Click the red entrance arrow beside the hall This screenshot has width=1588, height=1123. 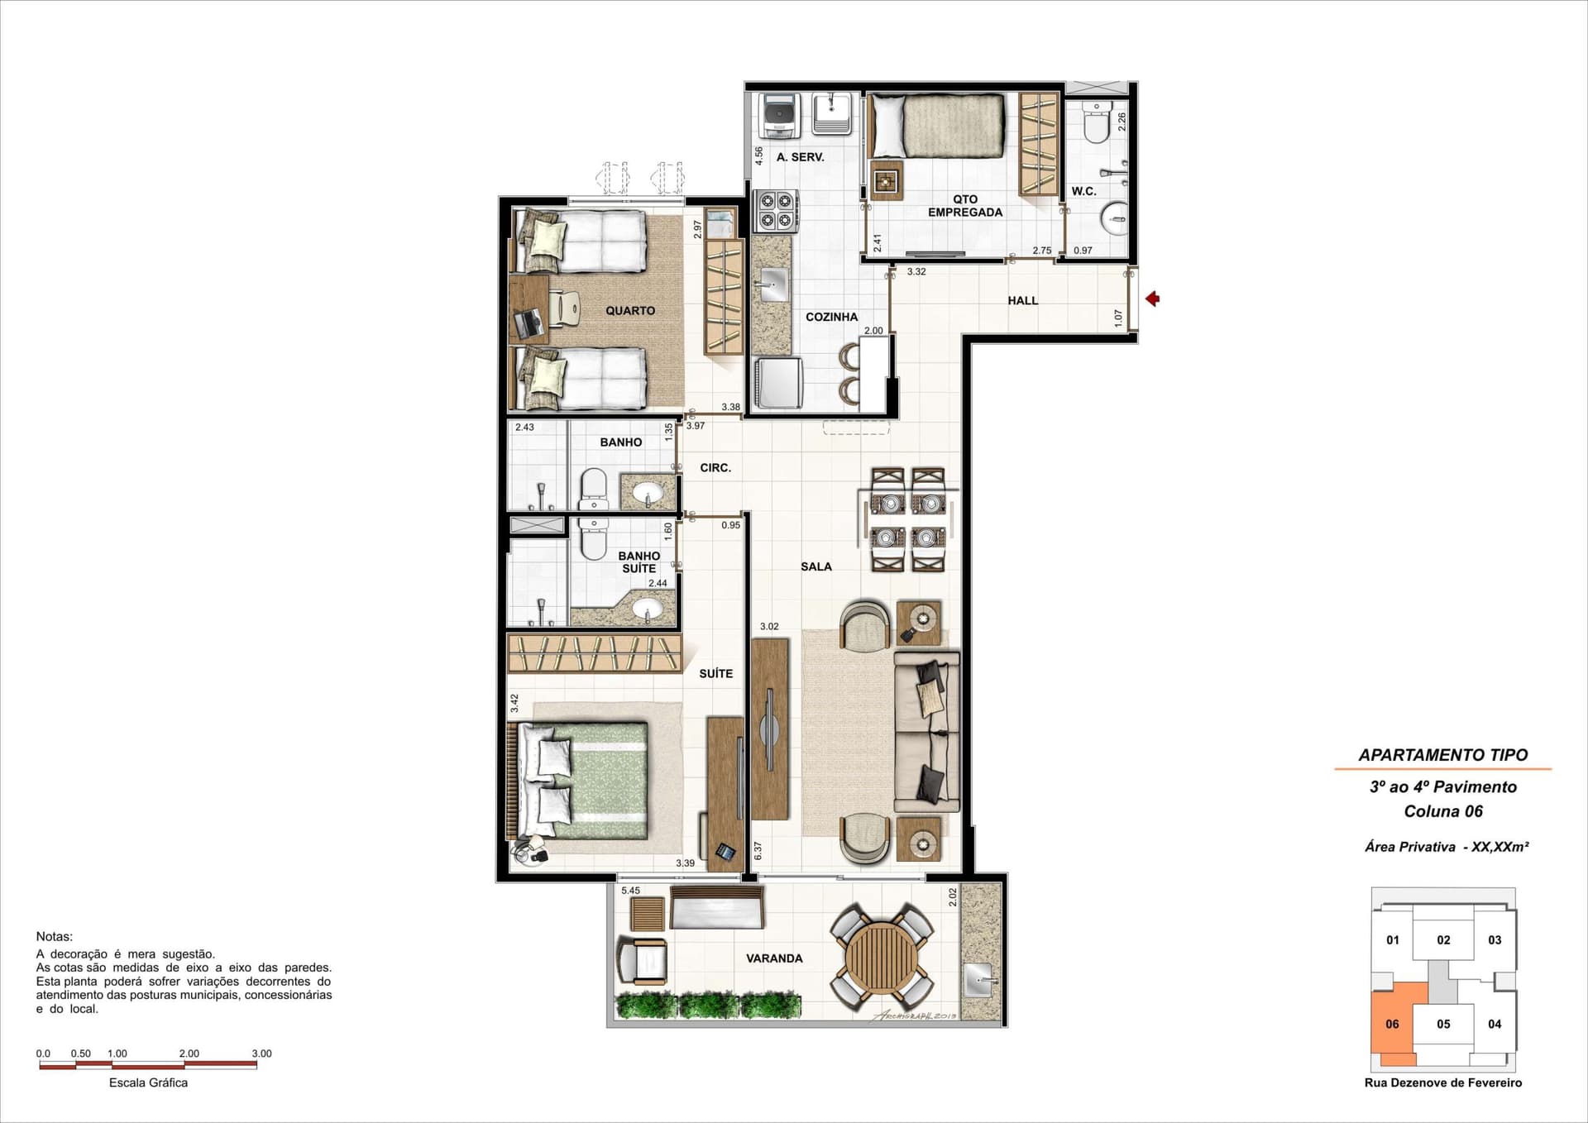(1151, 299)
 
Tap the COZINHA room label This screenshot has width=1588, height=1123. (831, 317)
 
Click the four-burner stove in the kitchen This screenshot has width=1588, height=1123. (776, 210)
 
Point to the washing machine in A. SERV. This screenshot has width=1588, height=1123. (779, 116)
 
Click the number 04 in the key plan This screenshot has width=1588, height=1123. (1495, 1024)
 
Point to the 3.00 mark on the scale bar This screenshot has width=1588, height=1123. (261, 1054)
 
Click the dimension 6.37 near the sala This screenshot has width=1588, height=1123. (758, 851)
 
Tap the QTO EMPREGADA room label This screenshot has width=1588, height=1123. (965, 206)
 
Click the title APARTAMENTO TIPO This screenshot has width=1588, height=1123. (1443, 755)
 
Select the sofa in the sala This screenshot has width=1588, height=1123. (926, 731)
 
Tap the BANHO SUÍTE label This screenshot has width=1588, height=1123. (639, 562)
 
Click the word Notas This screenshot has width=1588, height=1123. (55, 937)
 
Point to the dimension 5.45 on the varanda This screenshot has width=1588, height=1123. (630, 891)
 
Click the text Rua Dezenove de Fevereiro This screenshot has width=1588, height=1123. (1443, 1082)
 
